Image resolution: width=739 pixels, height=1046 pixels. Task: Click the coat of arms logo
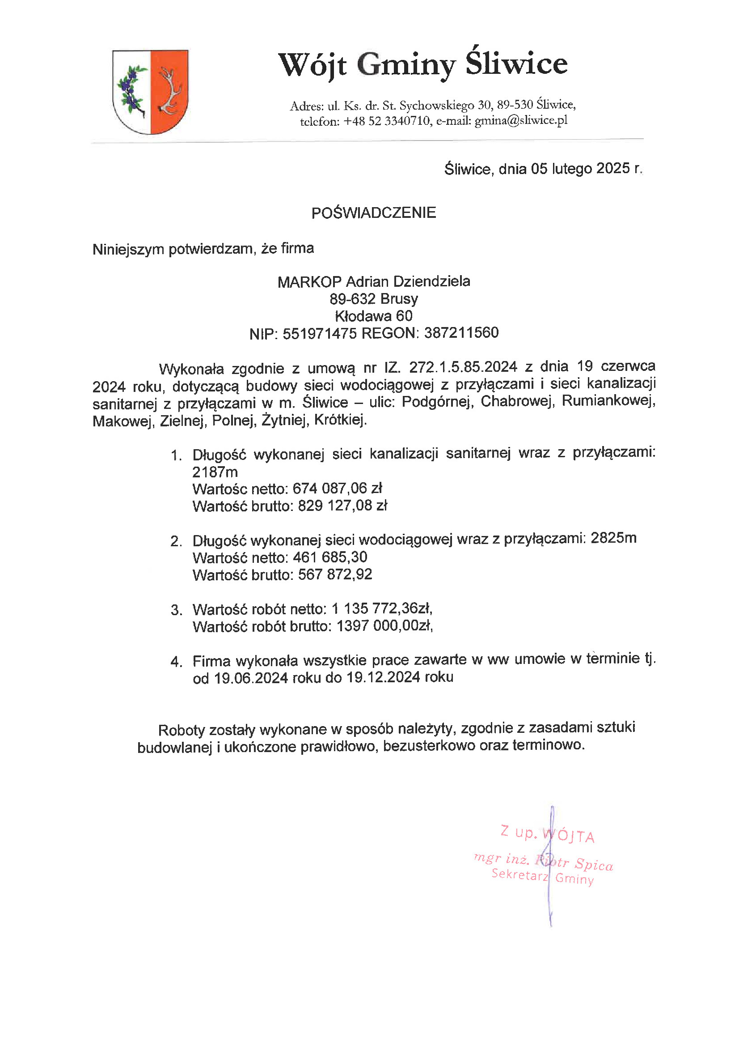(150, 92)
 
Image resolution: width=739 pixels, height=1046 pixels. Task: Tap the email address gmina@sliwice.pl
(521, 120)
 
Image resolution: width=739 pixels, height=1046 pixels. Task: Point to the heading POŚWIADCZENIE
(373, 213)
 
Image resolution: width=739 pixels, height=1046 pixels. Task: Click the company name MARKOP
(309, 282)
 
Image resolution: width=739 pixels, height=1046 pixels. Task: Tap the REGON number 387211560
(461, 333)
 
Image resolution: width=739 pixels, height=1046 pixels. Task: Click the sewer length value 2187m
(215, 472)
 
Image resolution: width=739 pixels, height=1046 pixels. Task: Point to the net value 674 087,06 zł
(337, 489)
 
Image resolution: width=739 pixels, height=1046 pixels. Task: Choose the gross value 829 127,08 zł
(342, 506)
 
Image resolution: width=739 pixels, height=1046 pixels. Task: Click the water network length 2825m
(613, 538)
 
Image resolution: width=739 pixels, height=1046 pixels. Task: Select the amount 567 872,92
(335, 574)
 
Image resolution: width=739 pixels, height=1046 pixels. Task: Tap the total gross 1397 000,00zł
(384, 626)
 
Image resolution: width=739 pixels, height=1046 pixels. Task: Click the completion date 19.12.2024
(383, 677)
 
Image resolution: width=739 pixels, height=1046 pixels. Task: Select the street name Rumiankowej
(608, 401)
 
